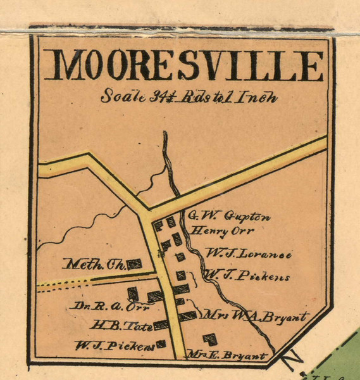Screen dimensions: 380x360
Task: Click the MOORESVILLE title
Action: (x=187, y=66)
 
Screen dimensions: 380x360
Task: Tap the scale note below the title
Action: (x=189, y=98)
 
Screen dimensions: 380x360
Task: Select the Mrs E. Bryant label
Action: (x=236, y=355)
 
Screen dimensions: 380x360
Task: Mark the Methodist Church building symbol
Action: (x=134, y=264)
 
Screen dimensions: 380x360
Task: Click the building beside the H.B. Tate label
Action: (x=161, y=324)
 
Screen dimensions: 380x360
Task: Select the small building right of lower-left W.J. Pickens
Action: (x=161, y=344)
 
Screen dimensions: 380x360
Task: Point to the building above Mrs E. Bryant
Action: (x=209, y=340)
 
